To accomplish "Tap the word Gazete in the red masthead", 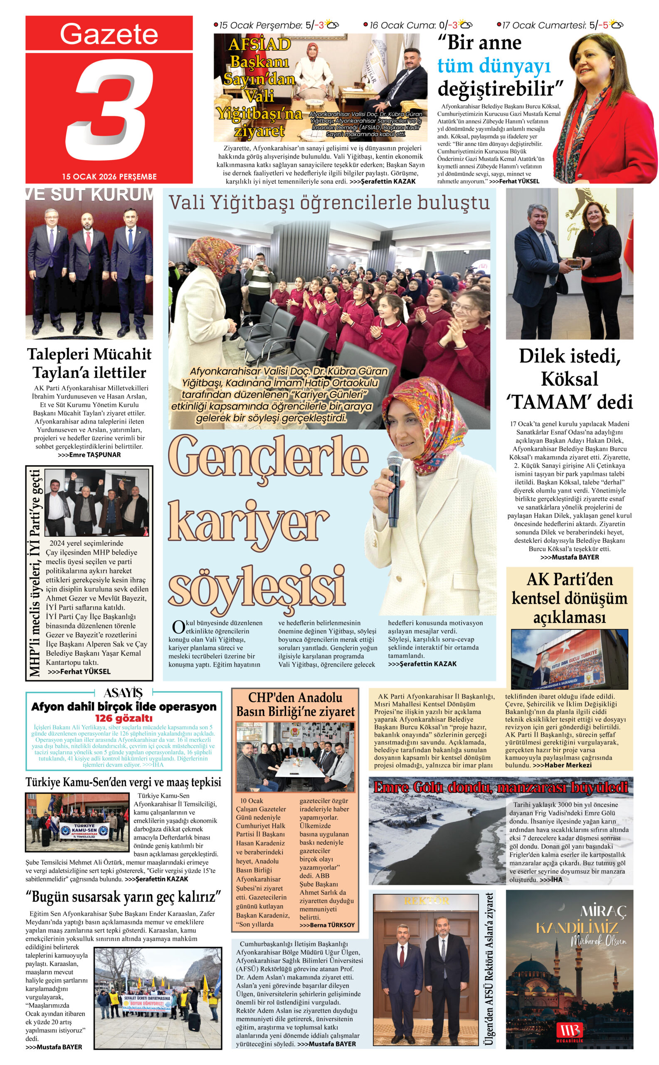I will click(109, 34).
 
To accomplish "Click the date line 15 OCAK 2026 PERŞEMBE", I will click(109, 177).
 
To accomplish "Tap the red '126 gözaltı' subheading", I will click(124, 718).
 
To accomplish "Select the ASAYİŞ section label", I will click(123, 693).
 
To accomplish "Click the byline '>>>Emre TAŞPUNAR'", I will click(89, 454).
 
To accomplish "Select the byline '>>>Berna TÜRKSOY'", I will click(327, 925).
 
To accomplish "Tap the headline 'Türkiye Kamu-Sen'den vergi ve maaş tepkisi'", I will click(123, 783).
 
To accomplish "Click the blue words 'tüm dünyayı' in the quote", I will click(494, 66).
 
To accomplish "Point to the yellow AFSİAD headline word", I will click(259, 45).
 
